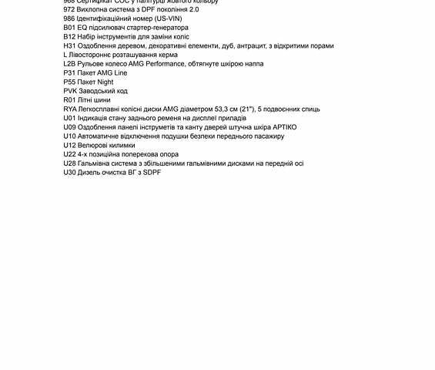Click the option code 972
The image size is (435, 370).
[69, 9]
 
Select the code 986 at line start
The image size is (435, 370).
[69, 18]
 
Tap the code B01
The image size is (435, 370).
[70, 28]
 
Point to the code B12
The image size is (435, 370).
[70, 37]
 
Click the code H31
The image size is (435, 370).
[70, 45]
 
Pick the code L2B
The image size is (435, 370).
[70, 64]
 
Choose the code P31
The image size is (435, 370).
[70, 73]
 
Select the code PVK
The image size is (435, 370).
[70, 91]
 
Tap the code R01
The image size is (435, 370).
[70, 100]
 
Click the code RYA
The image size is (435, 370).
[71, 109]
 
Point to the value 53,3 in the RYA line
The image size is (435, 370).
[206, 109]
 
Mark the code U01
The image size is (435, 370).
[70, 119]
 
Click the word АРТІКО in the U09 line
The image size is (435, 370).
[280, 127]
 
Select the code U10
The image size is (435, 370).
[70, 136]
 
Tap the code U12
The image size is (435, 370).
[70, 146]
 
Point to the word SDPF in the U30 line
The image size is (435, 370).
[152, 173]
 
